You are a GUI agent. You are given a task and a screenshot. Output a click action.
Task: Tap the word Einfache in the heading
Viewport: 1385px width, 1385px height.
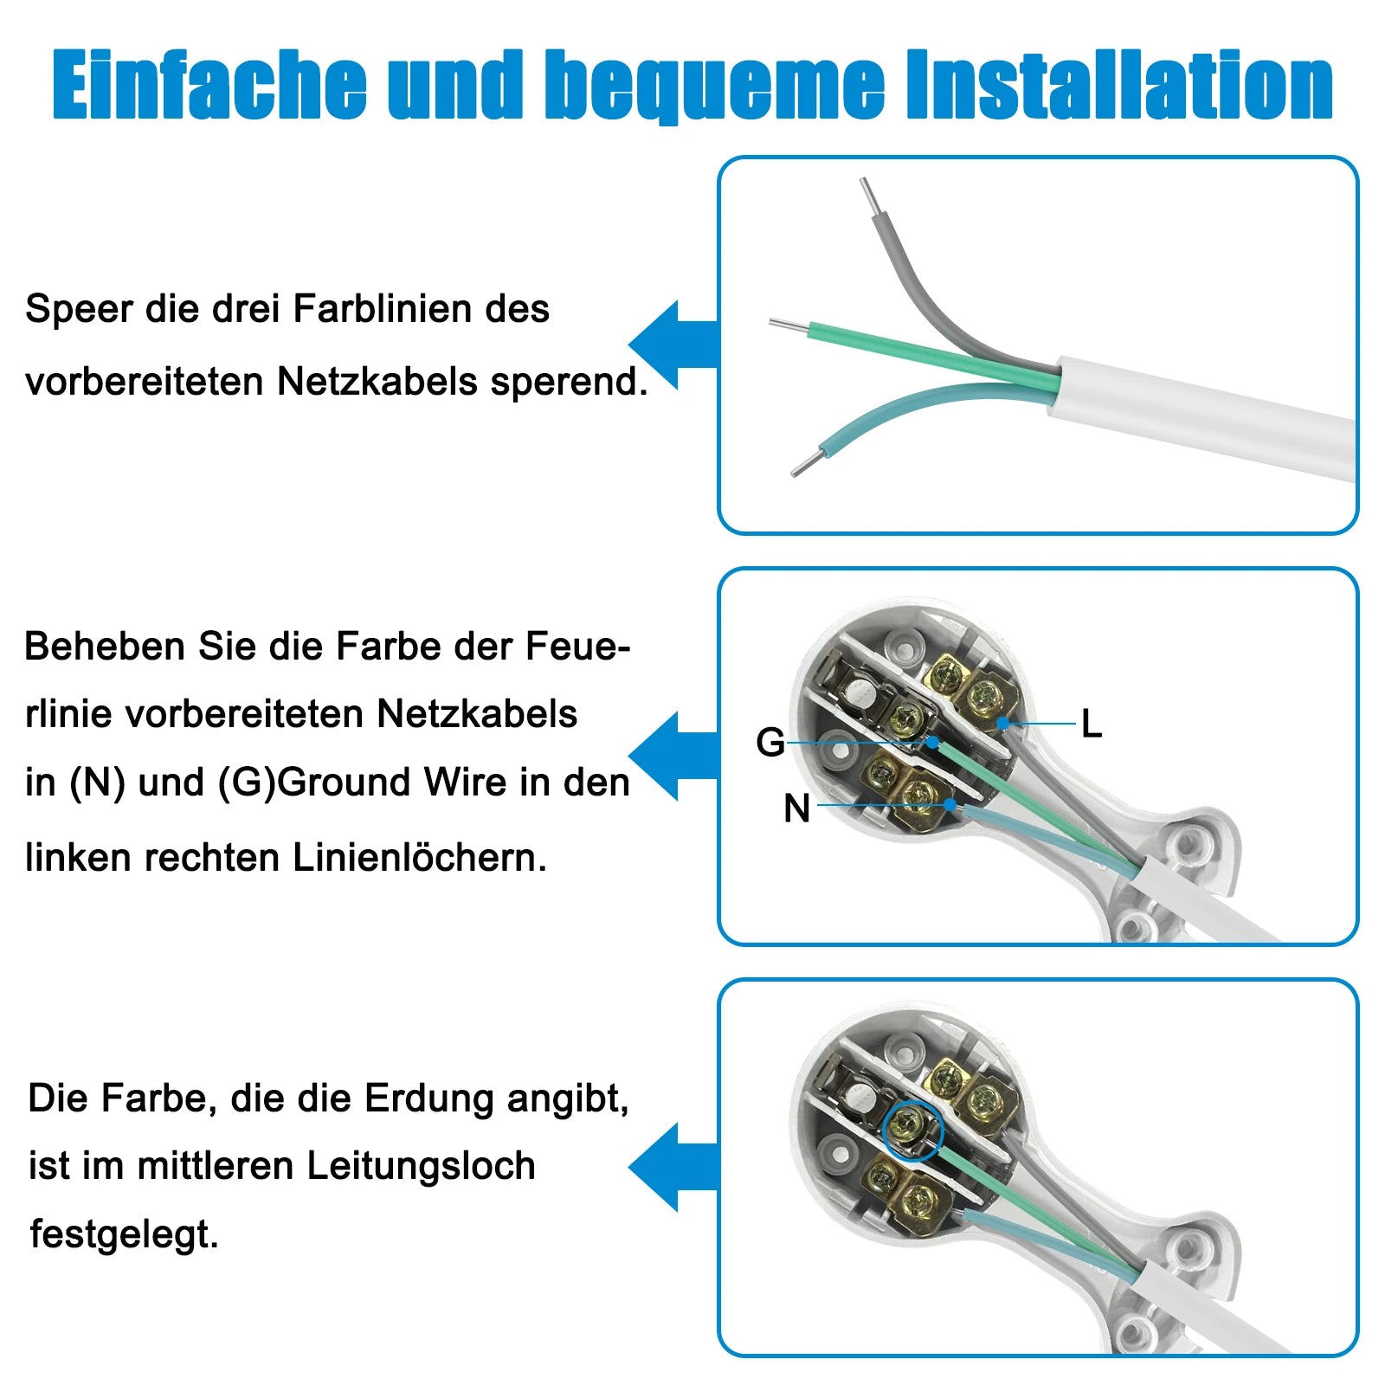tap(209, 84)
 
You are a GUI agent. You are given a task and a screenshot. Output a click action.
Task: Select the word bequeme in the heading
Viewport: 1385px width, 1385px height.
tap(716, 87)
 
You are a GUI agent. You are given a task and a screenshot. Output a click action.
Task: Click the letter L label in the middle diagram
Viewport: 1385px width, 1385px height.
tap(1092, 724)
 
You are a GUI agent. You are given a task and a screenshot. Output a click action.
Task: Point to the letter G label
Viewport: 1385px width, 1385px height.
tap(770, 742)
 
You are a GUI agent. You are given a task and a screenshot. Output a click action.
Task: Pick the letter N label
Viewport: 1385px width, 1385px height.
tap(796, 808)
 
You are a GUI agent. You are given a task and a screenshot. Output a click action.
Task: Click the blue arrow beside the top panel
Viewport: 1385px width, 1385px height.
tap(673, 345)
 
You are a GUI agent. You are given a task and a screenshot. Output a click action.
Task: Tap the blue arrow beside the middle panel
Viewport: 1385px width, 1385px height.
tap(673, 756)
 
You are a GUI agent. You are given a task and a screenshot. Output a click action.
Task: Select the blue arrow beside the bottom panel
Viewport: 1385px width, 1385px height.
tap(673, 1167)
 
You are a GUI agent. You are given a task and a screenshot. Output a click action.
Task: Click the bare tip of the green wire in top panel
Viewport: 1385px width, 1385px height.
tap(788, 326)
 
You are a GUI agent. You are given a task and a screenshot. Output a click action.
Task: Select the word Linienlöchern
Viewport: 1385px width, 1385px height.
tap(420, 858)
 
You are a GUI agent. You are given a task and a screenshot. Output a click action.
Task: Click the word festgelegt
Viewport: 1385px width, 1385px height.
tap(124, 1234)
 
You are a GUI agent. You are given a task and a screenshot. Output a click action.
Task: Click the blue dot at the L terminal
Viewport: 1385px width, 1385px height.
tap(1002, 723)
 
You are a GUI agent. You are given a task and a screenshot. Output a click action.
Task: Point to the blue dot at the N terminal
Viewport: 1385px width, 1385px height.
tap(950, 805)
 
